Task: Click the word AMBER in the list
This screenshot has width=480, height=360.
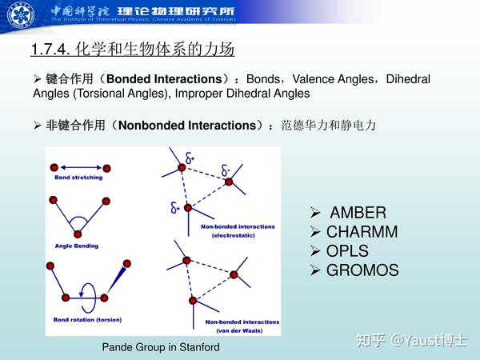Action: coord(358,214)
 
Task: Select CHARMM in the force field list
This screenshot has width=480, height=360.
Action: coord(362,233)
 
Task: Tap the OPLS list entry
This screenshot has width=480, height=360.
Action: coord(347,251)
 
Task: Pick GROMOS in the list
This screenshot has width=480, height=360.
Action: coord(362,270)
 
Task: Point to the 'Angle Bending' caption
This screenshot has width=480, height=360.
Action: coord(77,246)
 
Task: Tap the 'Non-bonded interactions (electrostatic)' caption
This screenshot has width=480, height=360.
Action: coord(238,230)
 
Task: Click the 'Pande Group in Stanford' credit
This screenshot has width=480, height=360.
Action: coord(161,347)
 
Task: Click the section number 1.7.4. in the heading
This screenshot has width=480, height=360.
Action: coord(51,50)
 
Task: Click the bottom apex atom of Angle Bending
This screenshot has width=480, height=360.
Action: coord(77,234)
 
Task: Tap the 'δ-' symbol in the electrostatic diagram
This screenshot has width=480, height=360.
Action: coord(225,171)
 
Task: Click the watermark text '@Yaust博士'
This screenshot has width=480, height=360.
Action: coord(429,341)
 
